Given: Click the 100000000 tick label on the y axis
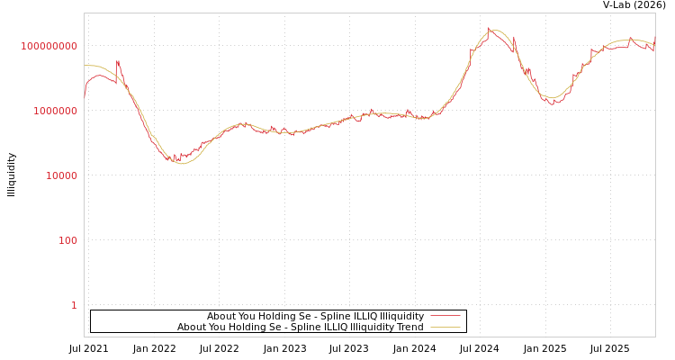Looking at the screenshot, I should [49, 46].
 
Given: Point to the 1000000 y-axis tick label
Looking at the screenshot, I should [55, 111].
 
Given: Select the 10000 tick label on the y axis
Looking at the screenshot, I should [61, 175].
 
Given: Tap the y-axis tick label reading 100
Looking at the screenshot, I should [67, 240].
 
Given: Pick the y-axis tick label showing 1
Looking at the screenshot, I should [74, 305].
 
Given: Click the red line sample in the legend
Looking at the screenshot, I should [445, 317].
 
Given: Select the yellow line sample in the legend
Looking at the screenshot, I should [445, 328].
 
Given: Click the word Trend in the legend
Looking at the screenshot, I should [410, 328].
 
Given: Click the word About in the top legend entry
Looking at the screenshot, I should [221, 317].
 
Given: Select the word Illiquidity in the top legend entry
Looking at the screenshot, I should [401, 317].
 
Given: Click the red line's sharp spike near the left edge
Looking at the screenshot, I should [118, 61].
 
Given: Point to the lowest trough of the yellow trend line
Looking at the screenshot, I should [183, 163].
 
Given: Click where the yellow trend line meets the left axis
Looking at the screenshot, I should [85, 65].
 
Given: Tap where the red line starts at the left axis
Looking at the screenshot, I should [85, 97].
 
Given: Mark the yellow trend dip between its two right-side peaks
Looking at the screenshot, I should [553, 97].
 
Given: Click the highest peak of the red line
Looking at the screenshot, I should [490, 28].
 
